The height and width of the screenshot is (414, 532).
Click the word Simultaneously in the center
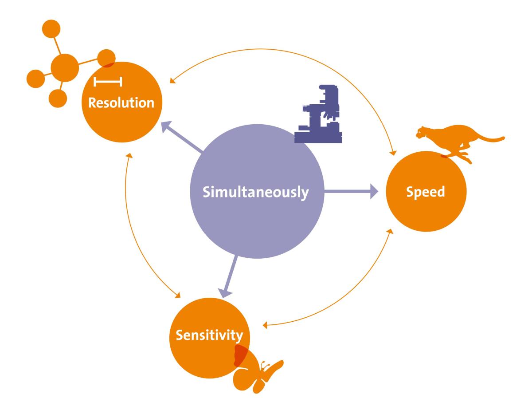click(x=255, y=193)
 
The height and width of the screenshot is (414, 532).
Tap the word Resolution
click(x=121, y=103)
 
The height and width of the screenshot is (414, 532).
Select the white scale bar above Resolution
click(x=108, y=82)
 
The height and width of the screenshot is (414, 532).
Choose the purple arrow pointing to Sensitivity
click(x=231, y=275)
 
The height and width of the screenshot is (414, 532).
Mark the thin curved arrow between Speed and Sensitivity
click(x=355, y=302)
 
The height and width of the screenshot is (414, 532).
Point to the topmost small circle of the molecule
click(x=51, y=30)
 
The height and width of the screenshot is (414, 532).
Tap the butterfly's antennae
click(x=265, y=365)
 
